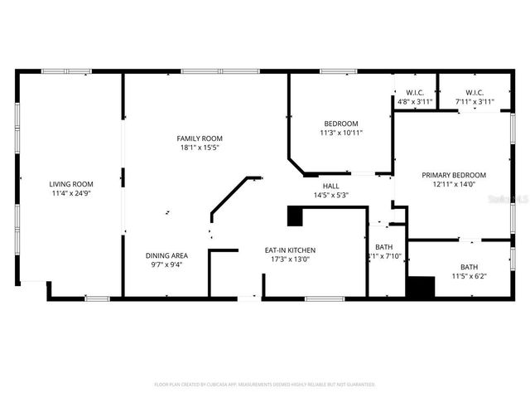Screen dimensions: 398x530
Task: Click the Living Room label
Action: pyautogui.click(x=70, y=184)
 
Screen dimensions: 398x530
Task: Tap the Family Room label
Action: pyautogui.click(x=200, y=138)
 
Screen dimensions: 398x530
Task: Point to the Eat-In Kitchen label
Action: pyautogui.click(x=290, y=250)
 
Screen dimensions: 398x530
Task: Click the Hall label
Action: pyautogui.click(x=330, y=186)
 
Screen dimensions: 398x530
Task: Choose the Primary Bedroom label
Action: pyautogui.click(x=453, y=175)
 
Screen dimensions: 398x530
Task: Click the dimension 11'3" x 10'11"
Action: pyautogui.click(x=341, y=133)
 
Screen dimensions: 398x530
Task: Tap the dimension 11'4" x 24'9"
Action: pyautogui.click(x=70, y=194)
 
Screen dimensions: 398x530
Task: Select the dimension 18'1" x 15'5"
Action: pyautogui.click(x=200, y=148)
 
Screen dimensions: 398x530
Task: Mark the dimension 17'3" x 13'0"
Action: pyautogui.click(x=290, y=260)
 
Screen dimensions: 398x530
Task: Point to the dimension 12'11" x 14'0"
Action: pyautogui.click(x=453, y=185)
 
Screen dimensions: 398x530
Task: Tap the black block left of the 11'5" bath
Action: pyautogui.click(x=421, y=286)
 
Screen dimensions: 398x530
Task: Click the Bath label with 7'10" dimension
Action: pyautogui.click(x=383, y=247)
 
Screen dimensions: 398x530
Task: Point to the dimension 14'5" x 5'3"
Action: pyautogui.click(x=330, y=196)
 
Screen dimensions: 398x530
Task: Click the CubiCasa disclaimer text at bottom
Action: pyautogui.click(x=264, y=384)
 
